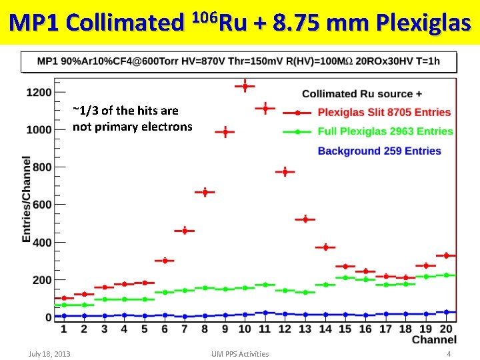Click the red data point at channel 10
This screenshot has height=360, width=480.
(x=245, y=86)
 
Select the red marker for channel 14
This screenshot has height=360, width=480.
(x=325, y=247)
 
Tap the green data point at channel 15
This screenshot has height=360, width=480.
(x=345, y=277)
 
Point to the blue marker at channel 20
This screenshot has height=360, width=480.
(x=446, y=312)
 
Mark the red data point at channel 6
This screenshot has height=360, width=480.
(x=165, y=261)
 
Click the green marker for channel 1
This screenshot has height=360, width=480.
(x=64, y=305)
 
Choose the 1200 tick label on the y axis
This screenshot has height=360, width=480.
(x=39, y=92)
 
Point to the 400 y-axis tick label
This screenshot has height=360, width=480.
(x=42, y=242)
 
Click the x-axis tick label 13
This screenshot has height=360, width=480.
(x=305, y=329)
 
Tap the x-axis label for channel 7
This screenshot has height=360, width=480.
(x=184, y=329)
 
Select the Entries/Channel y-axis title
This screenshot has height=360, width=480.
(x=27, y=199)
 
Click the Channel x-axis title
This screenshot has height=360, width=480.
(x=434, y=339)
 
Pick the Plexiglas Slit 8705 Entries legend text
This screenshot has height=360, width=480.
(x=384, y=112)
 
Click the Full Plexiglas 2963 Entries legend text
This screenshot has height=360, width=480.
(x=385, y=131)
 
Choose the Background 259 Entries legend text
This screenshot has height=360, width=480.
(x=379, y=151)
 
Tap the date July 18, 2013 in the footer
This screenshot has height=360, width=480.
(x=49, y=354)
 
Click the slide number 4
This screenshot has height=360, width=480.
(x=449, y=354)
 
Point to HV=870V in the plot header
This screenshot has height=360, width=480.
(x=203, y=61)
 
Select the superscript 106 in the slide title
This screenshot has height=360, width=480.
(x=205, y=19)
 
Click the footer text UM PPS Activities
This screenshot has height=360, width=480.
(x=240, y=354)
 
